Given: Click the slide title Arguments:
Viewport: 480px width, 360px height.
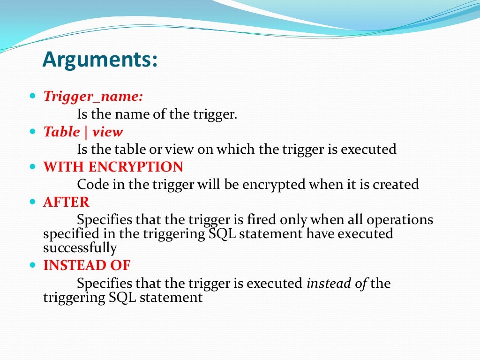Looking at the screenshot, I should pos(100,60).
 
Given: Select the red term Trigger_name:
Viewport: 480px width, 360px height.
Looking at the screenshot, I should pos(93,96).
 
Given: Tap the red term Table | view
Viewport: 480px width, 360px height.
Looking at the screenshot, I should pos(83,132).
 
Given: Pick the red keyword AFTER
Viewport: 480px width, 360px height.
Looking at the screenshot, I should pos(66,202).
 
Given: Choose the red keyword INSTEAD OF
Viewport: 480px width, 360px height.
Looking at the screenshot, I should pos(87,265).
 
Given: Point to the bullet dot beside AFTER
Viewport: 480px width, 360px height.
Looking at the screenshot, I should pos(32,202).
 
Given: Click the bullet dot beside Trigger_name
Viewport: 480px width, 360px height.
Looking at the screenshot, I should pos(32,96).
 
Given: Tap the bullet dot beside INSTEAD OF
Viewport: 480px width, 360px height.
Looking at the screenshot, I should pos(32,265).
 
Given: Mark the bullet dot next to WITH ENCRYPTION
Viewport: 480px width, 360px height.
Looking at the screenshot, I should pos(32,167).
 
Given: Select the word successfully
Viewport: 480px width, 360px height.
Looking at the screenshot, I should pos(80,247).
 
